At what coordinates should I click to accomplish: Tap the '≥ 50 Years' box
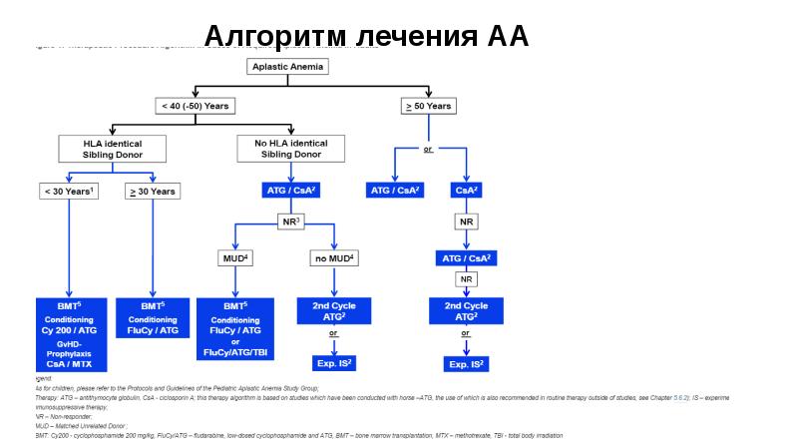click(427, 105)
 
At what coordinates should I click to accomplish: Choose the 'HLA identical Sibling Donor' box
click(113, 150)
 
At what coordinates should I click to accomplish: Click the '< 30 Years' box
click(69, 191)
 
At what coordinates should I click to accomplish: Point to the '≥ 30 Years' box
click(152, 191)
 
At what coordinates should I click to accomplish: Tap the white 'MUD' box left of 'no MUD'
click(234, 258)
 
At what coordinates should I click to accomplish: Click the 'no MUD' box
click(334, 258)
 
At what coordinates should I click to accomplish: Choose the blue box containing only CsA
click(467, 191)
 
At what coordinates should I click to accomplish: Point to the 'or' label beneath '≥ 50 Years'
click(427, 150)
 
